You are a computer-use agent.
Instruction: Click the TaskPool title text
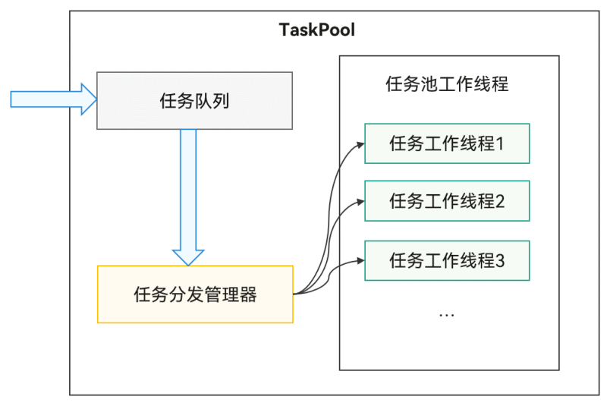click(316, 31)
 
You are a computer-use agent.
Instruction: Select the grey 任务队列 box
click(194, 101)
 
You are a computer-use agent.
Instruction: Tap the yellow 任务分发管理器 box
click(195, 294)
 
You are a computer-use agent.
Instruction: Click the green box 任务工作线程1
click(447, 143)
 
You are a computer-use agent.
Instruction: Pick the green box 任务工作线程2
click(447, 201)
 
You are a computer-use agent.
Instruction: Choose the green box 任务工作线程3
click(447, 260)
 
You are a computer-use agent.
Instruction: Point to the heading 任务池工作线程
click(447, 83)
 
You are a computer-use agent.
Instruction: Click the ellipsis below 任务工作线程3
click(447, 313)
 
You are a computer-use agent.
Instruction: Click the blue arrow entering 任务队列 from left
click(53, 99)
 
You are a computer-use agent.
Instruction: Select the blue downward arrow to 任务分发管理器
click(188, 197)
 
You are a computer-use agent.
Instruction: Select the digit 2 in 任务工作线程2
click(500, 201)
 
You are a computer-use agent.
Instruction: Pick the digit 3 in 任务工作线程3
click(500, 260)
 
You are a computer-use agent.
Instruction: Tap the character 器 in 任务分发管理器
click(249, 294)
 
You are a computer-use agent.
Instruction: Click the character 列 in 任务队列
click(221, 101)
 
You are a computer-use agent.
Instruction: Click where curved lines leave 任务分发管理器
click(297, 293)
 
